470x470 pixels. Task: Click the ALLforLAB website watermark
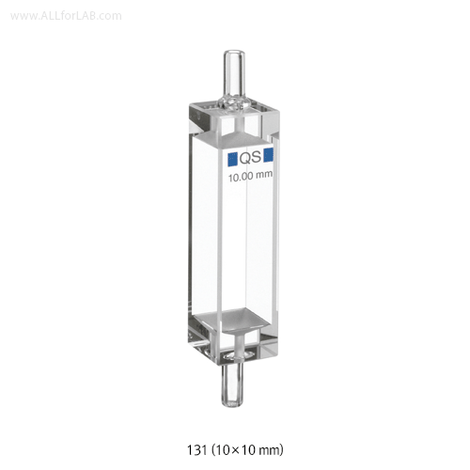[x=66, y=16]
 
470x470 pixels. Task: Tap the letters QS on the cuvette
[x=250, y=158]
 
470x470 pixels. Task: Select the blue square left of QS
[x=232, y=159]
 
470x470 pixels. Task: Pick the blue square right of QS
[x=269, y=155]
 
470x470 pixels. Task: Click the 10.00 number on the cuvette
[x=241, y=178]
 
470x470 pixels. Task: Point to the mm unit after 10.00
[x=264, y=175]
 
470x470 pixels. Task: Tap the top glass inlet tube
[x=233, y=71]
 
